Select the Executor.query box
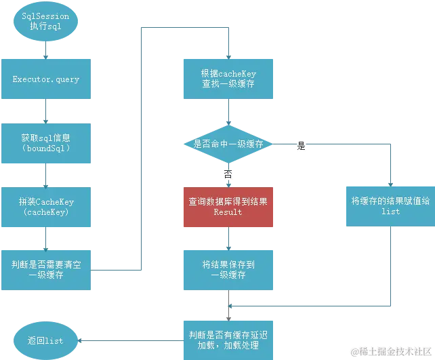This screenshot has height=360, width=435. coord(46,79)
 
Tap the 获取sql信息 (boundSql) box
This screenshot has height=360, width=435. coord(46,142)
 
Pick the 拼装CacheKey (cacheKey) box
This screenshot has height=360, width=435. coord(46,207)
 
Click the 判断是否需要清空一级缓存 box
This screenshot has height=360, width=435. coord(46,270)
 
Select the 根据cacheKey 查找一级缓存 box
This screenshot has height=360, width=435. coord(228,79)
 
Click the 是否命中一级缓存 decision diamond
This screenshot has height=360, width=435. coord(228,144)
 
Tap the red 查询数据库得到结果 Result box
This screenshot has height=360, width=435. coord(228,207)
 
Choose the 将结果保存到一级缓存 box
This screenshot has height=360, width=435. coord(228,270)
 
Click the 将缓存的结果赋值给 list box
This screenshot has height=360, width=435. coord(390,206)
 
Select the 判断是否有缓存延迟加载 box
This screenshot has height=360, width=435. coord(228,339)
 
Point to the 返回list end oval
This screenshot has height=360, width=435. coord(46,340)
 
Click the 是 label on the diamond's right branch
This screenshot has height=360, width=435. coord(302,146)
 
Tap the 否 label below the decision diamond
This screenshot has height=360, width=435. coord(228,174)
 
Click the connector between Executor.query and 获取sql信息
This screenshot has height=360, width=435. coord(46,112)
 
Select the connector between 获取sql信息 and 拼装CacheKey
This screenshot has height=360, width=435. coord(46,175)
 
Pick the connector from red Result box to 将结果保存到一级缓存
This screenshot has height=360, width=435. coord(228,239)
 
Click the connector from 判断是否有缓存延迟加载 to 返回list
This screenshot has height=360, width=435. coord(130,340)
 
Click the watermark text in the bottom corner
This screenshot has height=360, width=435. coord(390,351)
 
